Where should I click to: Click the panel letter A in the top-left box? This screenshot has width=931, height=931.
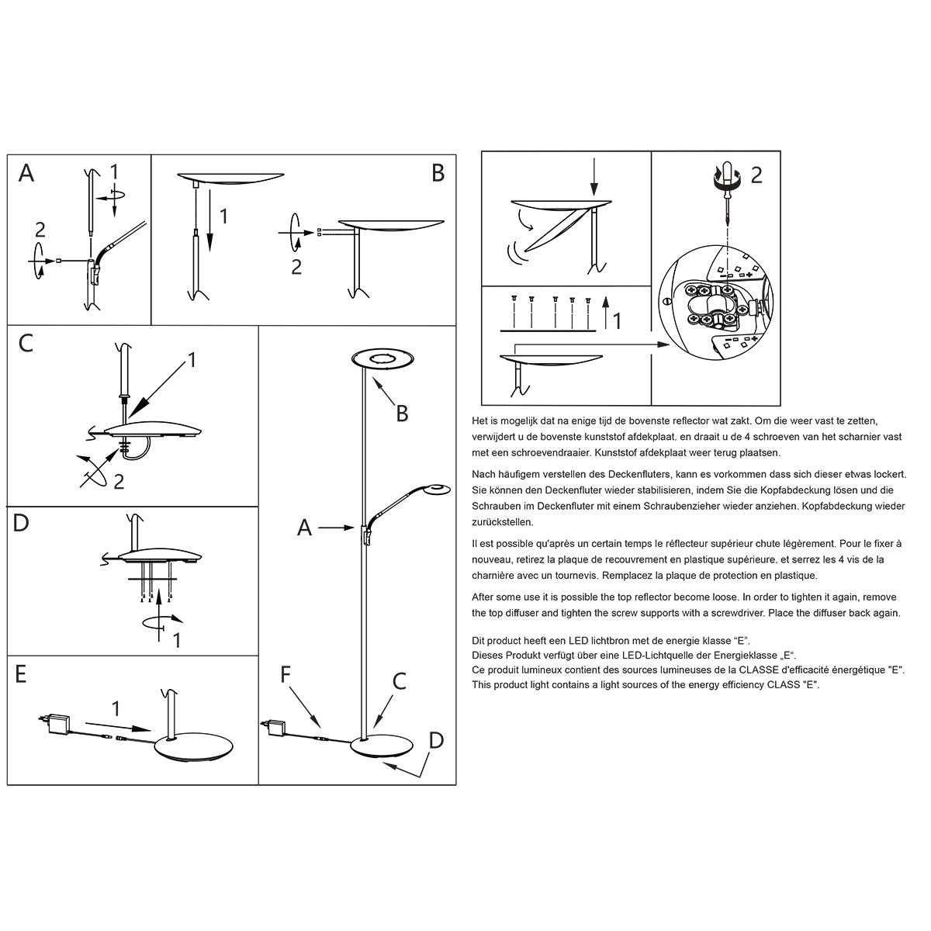[26, 173]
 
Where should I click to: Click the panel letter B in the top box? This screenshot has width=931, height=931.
[438, 173]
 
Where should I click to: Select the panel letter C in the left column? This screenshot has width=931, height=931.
[26, 343]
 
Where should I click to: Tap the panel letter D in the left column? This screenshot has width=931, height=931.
[21, 523]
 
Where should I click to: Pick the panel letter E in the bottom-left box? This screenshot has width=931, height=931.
[21, 674]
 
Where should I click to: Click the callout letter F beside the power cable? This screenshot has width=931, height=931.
[286, 673]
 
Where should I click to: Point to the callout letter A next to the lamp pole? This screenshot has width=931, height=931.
[304, 528]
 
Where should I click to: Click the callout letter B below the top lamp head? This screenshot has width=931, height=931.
[402, 414]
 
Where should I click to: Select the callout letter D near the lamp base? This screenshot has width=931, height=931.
[436, 740]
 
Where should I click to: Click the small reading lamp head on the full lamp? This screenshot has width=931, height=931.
[438, 489]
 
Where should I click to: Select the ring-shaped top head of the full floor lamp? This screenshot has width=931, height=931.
[383, 358]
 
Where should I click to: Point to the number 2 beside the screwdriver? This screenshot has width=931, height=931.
[756, 175]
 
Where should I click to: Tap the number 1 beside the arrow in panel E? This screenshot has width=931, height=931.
[116, 708]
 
